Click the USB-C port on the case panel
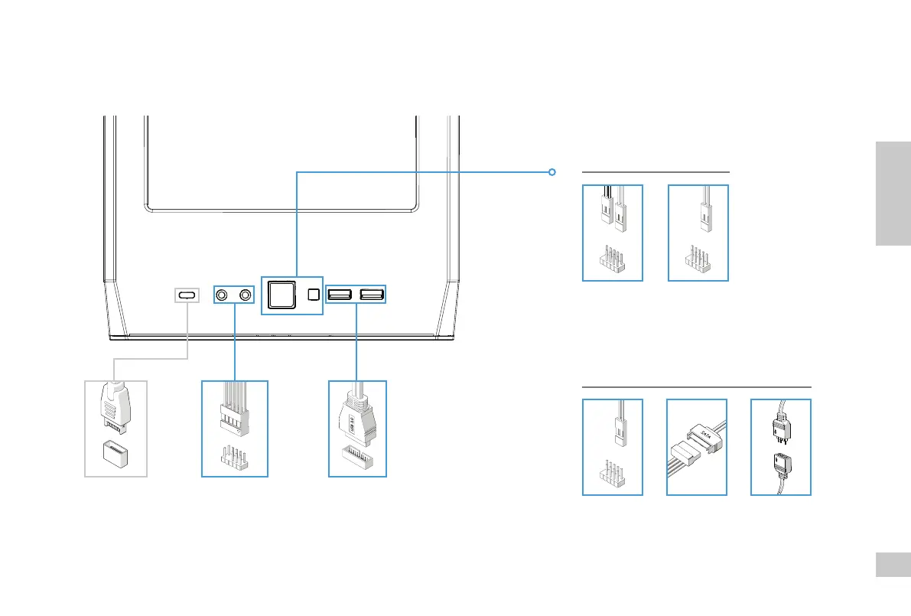187,295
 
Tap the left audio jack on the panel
222,295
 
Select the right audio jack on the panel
246,295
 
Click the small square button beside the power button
313,295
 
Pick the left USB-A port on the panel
340,294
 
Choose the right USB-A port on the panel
372,294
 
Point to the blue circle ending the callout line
551,172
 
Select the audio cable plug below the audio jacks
234,409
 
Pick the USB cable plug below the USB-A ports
357,417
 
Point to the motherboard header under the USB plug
357,459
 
